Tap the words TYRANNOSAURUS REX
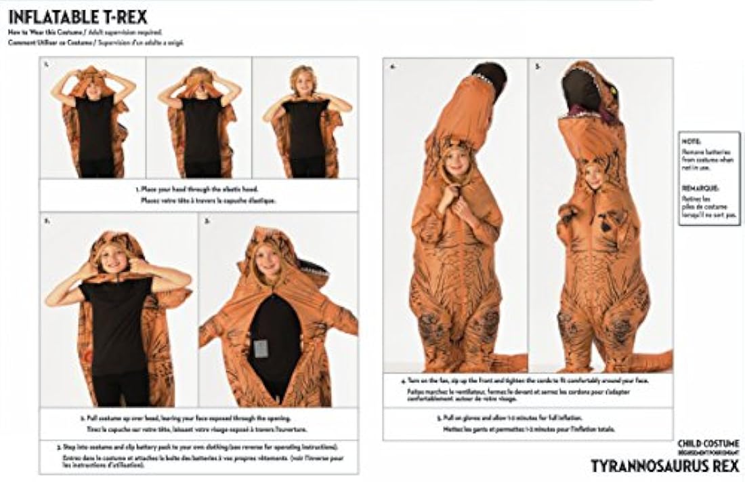pyautogui.click(x=664, y=466)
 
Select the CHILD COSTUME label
pyautogui.click(x=708, y=443)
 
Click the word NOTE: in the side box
pyautogui.click(x=690, y=141)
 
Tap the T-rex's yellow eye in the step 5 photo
pyautogui.click(x=614, y=89)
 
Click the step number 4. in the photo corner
pyautogui.click(x=392, y=67)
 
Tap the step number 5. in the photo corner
pyautogui.click(x=538, y=67)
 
